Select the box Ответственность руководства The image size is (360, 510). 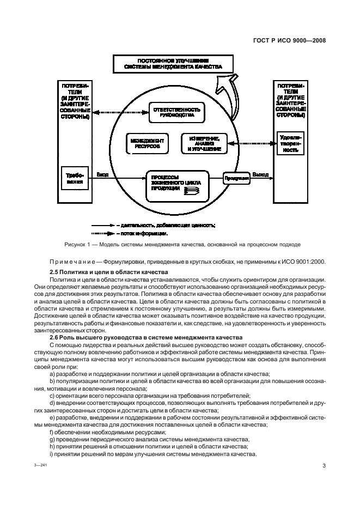coord(175,112)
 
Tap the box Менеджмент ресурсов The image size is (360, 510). coord(147,143)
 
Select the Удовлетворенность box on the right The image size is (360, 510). coord(290,143)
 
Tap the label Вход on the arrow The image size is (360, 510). coord(102,175)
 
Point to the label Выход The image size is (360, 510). coord(261,175)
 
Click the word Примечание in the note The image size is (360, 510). coord(68,261)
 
